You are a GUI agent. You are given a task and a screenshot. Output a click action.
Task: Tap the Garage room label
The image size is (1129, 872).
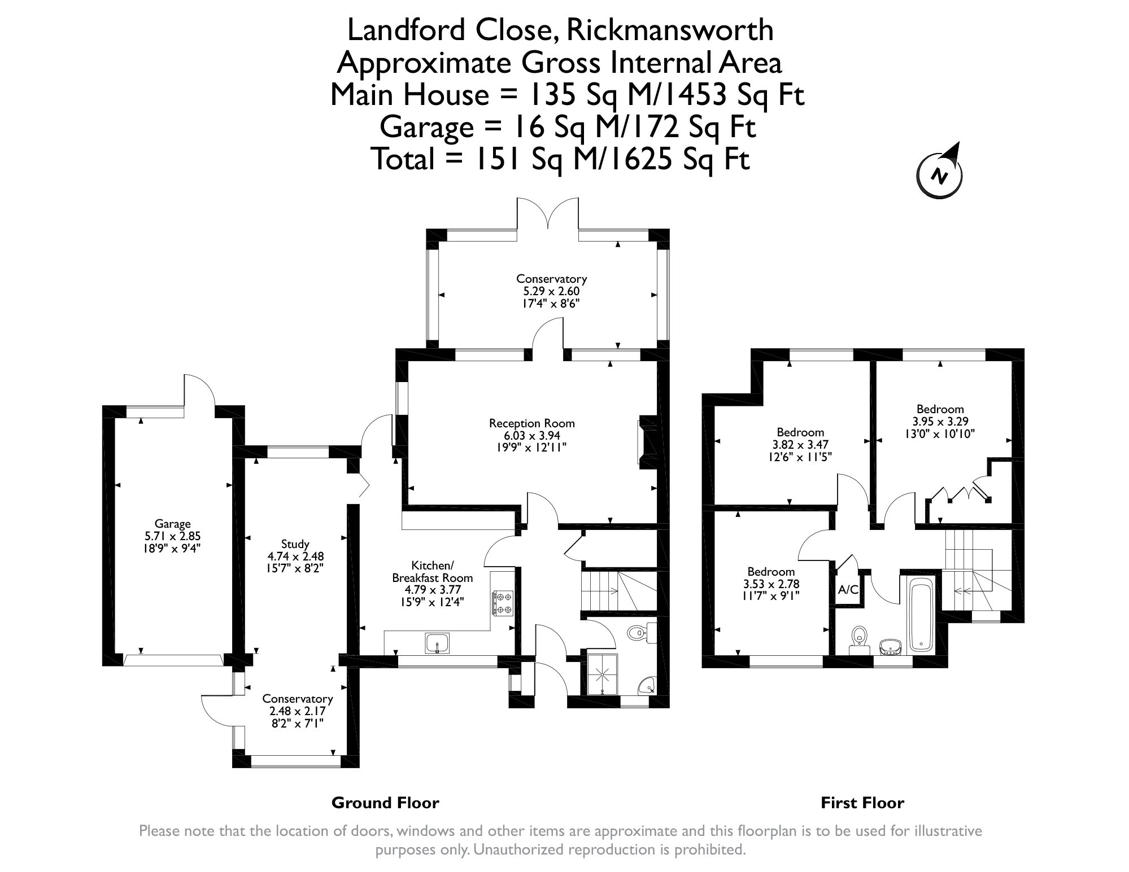click(173, 524)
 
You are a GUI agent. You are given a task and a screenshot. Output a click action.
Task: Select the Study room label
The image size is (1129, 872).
click(295, 544)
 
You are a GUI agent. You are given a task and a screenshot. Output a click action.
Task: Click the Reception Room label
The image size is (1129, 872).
click(532, 423)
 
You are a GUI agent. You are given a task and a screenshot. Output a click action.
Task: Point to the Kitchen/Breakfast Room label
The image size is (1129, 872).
click(433, 571)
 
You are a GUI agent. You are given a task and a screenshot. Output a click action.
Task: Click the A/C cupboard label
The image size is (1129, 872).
click(848, 590)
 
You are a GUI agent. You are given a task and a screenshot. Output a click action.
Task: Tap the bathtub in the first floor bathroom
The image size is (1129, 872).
click(922, 616)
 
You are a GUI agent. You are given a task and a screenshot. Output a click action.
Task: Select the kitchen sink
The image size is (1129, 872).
click(438, 642)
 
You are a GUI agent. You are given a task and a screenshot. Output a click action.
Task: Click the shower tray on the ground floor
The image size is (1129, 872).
click(603, 674)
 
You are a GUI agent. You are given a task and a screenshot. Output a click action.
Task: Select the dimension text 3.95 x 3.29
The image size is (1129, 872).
click(940, 422)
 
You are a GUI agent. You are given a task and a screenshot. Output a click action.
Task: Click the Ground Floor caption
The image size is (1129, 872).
click(385, 803)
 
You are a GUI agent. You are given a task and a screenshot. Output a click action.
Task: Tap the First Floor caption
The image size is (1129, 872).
click(862, 803)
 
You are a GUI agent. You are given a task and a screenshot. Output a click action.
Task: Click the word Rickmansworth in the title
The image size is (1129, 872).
click(670, 30)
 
